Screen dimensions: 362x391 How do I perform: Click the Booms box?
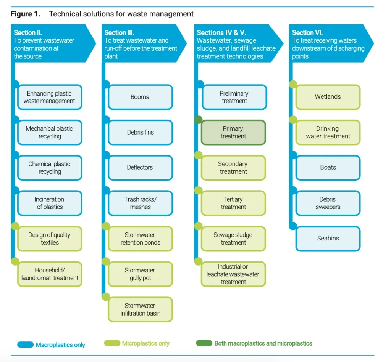click(x=140, y=97)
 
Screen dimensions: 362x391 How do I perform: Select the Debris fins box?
click(x=140, y=133)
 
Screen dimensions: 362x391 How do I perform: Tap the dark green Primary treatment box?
click(x=233, y=133)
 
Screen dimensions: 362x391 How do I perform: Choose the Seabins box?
click(x=328, y=239)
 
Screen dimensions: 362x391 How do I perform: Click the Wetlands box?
click(x=328, y=97)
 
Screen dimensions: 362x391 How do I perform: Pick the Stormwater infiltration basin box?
click(x=140, y=309)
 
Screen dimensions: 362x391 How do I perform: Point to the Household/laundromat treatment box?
click(x=50, y=274)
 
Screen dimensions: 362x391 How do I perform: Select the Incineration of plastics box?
click(x=50, y=203)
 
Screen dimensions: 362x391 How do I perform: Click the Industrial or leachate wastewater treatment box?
click(x=233, y=274)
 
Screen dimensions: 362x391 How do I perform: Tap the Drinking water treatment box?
click(x=328, y=133)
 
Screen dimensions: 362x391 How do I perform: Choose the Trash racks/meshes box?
click(x=140, y=203)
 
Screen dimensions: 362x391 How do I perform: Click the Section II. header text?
click(x=28, y=33)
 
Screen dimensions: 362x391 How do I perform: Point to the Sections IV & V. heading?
click(x=221, y=33)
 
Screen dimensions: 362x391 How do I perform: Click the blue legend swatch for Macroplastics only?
click(x=26, y=345)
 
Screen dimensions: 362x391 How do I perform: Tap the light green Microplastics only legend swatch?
click(x=112, y=343)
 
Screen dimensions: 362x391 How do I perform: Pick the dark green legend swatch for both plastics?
click(x=204, y=343)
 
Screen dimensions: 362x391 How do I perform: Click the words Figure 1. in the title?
click(x=25, y=14)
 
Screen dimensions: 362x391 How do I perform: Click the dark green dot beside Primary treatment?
click(x=198, y=120)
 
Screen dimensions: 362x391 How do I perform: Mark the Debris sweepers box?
click(x=328, y=203)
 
